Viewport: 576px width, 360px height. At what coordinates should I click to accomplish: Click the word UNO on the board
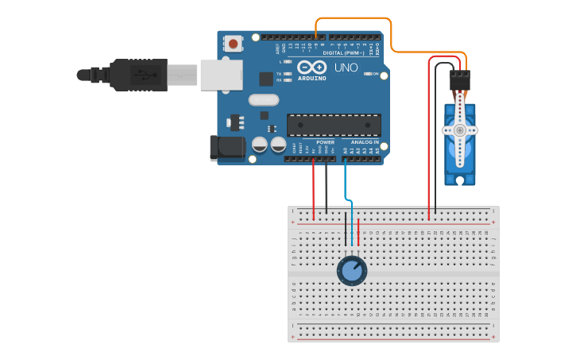tap(346, 68)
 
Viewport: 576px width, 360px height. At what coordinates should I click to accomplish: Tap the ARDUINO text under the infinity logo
tap(311, 78)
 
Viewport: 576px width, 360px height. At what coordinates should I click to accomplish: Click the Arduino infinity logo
tap(311, 67)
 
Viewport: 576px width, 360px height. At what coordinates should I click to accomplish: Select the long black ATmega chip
tap(334, 125)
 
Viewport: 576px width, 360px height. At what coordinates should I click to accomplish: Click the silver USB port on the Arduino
tap(220, 75)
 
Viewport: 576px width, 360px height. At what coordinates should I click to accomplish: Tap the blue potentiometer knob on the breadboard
tap(352, 270)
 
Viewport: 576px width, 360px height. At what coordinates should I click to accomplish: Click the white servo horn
tap(459, 130)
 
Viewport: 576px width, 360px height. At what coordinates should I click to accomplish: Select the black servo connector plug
tap(459, 79)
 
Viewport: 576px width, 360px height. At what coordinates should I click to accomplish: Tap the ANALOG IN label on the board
tap(365, 142)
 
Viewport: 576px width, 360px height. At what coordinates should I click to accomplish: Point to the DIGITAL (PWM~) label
tap(350, 52)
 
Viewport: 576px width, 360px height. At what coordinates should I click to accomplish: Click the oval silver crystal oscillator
tap(263, 100)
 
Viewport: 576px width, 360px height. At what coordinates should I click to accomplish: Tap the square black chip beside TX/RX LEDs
tap(266, 79)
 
